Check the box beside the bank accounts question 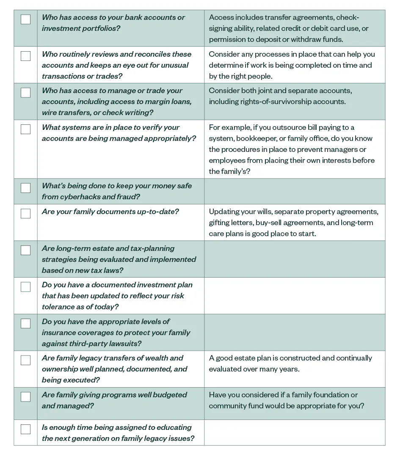click(25, 19)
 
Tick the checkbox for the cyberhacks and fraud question click(25, 188)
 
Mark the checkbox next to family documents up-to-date click(25, 213)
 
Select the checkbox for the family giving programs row click(25, 396)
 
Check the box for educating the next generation click(25, 429)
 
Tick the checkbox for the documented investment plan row click(25, 287)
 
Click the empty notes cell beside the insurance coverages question click(294, 332)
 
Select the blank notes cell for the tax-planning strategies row click(294, 259)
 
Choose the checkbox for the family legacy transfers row click(25, 360)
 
